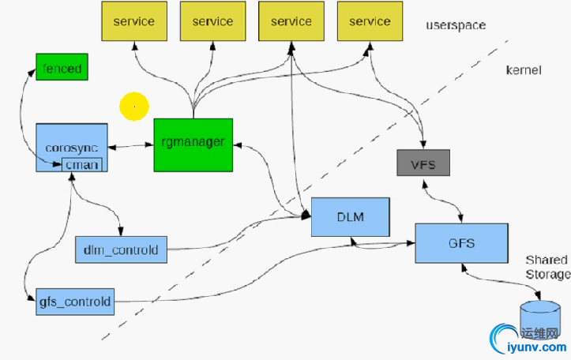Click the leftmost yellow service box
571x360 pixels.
[133, 22]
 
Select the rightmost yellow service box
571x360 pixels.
[369, 22]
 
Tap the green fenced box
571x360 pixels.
[60, 68]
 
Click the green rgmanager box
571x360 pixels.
[193, 144]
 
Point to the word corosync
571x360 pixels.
[72, 147]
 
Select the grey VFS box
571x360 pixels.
[423, 163]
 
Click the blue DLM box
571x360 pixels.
[351, 216]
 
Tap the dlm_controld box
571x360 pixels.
[121, 250]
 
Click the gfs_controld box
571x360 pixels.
[76, 302]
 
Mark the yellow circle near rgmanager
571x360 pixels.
[134, 106]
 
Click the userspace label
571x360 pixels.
[456, 25]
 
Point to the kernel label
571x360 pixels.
[524, 70]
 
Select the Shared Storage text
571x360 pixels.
[547, 267]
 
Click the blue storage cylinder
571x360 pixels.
[539, 317]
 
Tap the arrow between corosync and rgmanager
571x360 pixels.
[130, 146]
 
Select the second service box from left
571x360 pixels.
[212, 22]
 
